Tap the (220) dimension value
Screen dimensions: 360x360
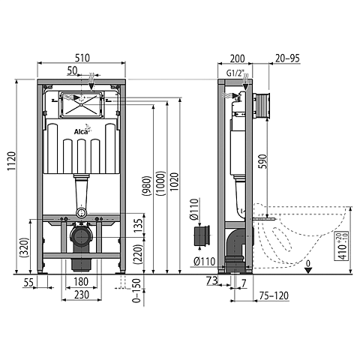tap(136, 254)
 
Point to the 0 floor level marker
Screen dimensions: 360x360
tap(308, 262)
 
